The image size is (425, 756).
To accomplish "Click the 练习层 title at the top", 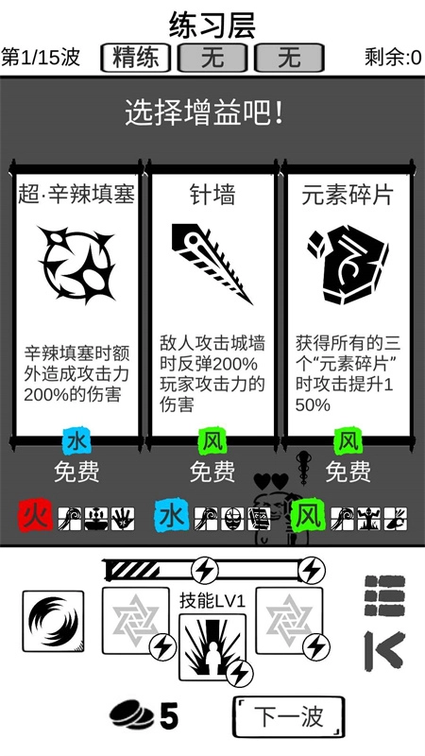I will pyautogui.click(x=212, y=24).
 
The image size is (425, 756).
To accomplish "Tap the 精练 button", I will pyautogui.click(x=136, y=58).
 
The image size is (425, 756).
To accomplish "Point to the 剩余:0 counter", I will pyautogui.click(x=392, y=58).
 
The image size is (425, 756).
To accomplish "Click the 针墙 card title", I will pyautogui.click(x=212, y=195).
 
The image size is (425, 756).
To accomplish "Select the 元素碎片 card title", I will pyautogui.click(x=348, y=195).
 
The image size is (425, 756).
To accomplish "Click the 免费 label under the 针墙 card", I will pyautogui.click(x=212, y=471).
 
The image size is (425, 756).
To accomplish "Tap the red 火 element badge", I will pyautogui.click(x=36, y=517).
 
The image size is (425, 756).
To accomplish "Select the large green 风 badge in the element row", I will pyautogui.click(x=307, y=517).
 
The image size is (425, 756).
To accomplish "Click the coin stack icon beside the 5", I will pyautogui.click(x=131, y=715).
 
